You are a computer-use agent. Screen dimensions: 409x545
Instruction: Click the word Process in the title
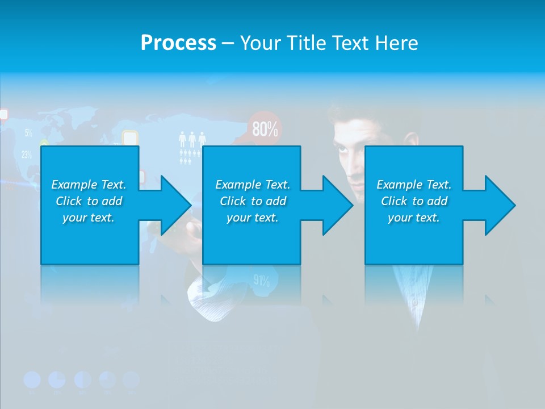(x=178, y=43)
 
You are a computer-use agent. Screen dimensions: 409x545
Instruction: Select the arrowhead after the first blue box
(x=170, y=205)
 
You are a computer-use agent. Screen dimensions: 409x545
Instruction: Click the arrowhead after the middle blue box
(x=333, y=205)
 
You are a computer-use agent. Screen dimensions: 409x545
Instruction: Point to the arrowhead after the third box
(x=495, y=205)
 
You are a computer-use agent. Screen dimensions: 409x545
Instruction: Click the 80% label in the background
(x=265, y=130)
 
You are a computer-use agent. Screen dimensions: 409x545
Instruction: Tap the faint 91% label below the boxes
(x=261, y=280)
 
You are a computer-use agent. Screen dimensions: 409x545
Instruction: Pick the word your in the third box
(x=400, y=218)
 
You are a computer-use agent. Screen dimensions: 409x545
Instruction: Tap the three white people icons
(x=192, y=139)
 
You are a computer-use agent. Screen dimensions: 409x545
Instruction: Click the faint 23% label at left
(x=26, y=154)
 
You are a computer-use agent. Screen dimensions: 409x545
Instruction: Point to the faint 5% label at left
(x=28, y=133)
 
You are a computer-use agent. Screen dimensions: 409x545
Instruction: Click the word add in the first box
(x=112, y=201)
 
